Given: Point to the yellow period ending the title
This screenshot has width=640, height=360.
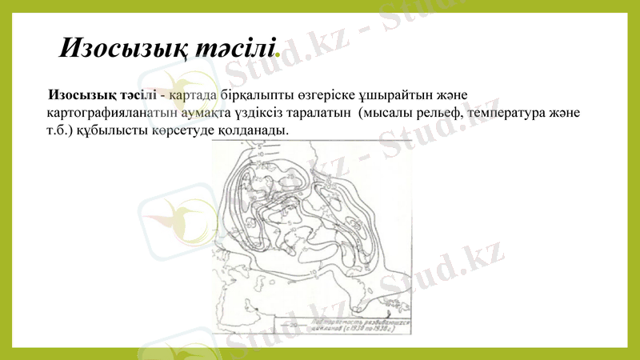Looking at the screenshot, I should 278,55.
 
